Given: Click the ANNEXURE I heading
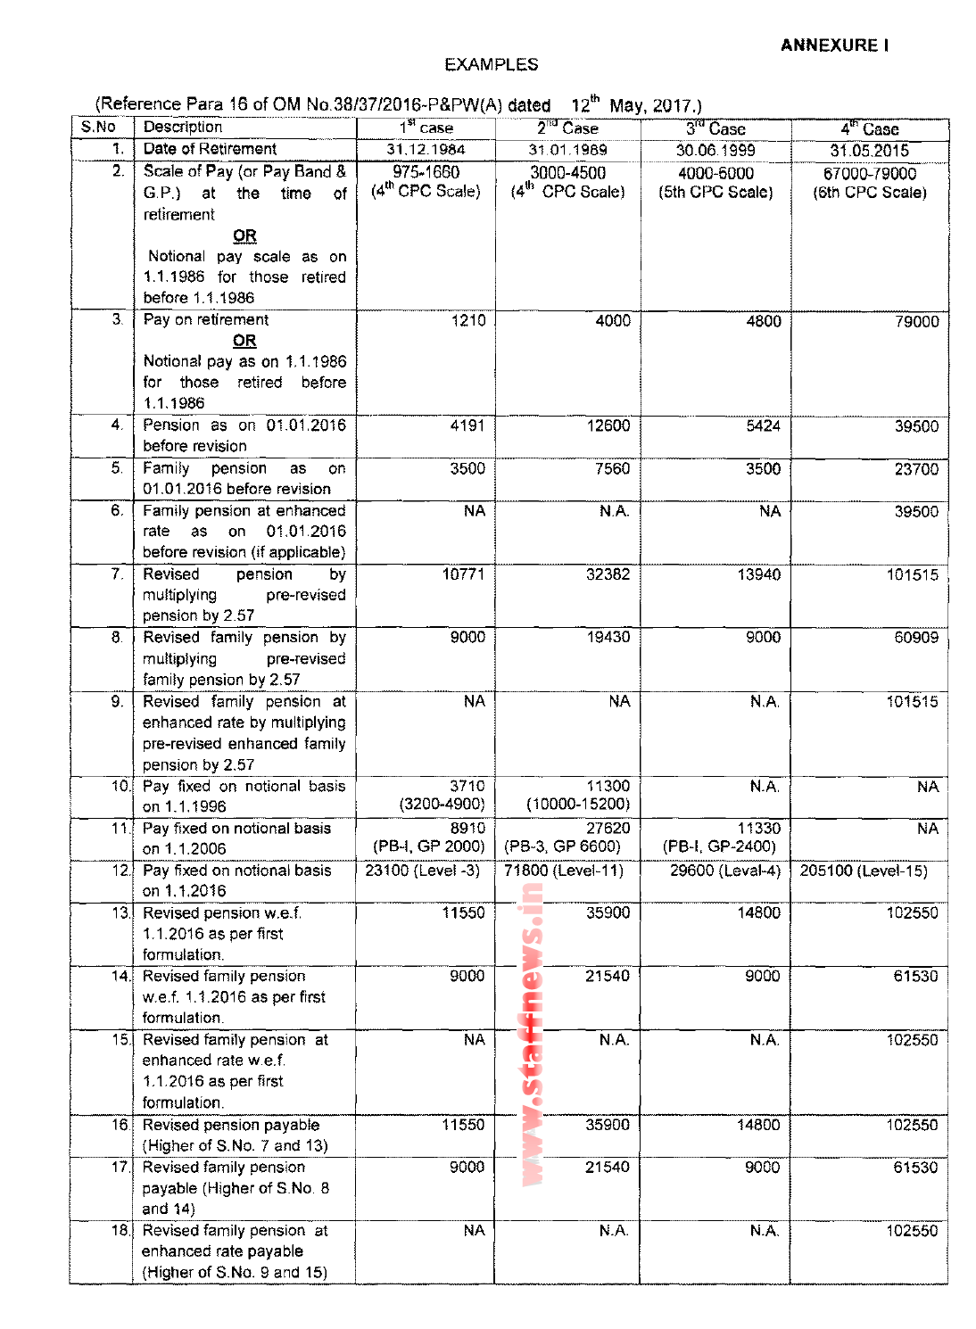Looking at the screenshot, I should pyautogui.click(x=833, y=45).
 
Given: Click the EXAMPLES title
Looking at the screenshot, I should pyautogui.click(x=491, y=65).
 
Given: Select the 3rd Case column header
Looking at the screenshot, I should pyautogui.click(x=715, y=128).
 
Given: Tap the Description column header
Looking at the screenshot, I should pyautogui.click(x=183, y=128).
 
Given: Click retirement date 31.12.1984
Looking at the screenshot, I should pyautogui.click(x=426, y=150).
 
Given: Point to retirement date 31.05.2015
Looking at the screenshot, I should pyautogui.click(x=869, y=151).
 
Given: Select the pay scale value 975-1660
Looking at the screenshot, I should pyautogui.click(x=426, y=172).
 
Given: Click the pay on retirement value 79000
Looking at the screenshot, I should pyautogui.click(x=916, y=322).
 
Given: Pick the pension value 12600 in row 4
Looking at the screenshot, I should pyautogui.click(x=608, y=426).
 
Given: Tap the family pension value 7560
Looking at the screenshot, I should pyautogui.click(x=612, y=469).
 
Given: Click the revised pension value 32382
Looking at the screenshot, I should pyautogui.click(x=608, y=575).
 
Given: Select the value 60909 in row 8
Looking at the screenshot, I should pyautogui.click(x=916, y=638).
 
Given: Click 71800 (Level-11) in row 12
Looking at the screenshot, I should pyautogui.click(x=564, y=871).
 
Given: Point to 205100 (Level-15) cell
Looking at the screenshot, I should pyautogui.click(x=863, y=871).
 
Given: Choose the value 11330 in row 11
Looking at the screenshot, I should pyautogui.click(x=758, y=829).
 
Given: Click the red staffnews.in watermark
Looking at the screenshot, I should pyautogui.click(x=533, y=1035).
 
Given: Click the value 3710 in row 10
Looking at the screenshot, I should pyautogui.click(x=467, y=787).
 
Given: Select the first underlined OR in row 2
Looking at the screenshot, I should pyautogui.click(x=244, y=236).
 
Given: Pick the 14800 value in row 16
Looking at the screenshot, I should pyautogui.click(x=758, y=1126).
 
